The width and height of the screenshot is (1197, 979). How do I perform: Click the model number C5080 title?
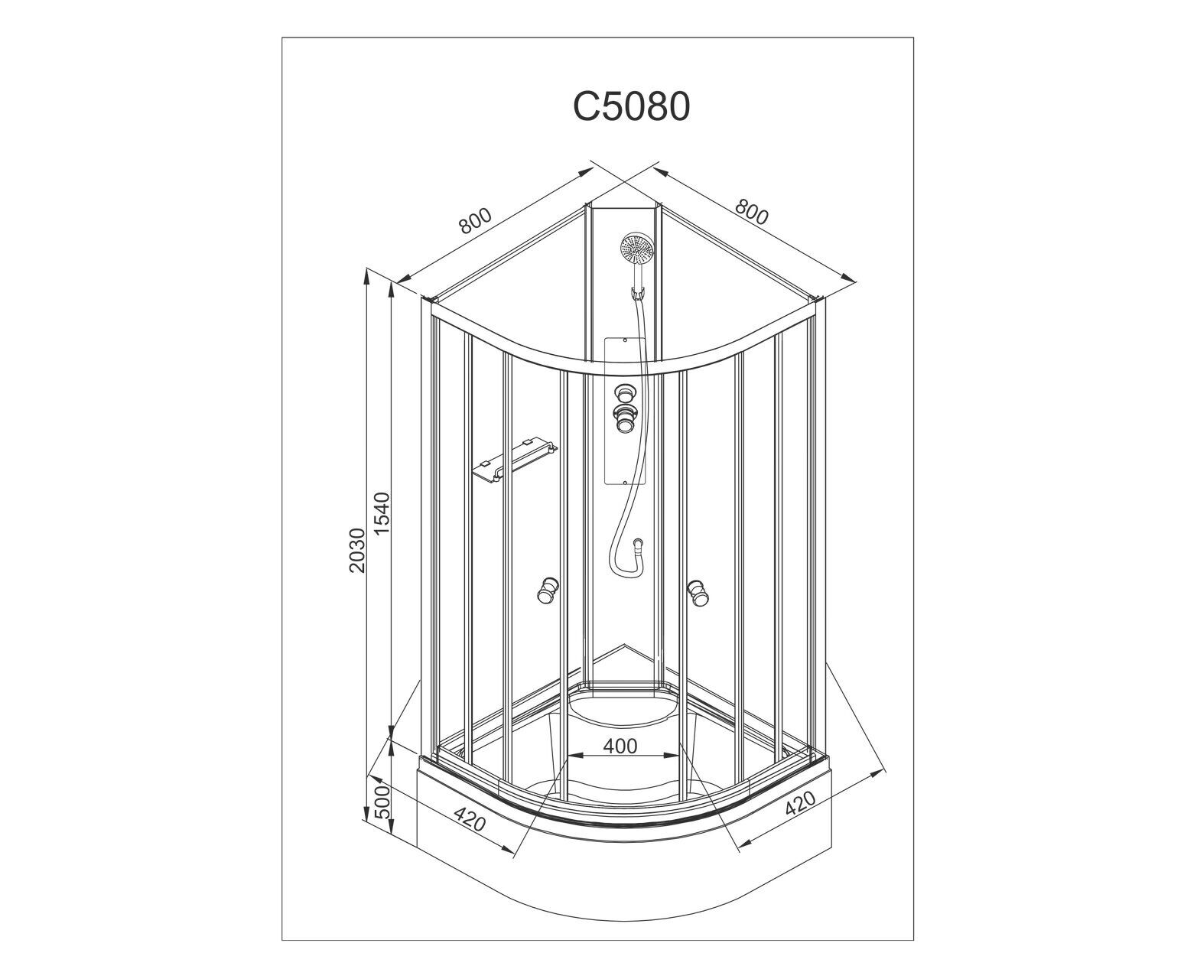pos(631,106)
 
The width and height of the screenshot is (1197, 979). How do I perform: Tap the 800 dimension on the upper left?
pos(475,221)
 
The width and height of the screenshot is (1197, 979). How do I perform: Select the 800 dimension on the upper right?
pos(751,213)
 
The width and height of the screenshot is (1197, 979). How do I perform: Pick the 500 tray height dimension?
pos(383,801)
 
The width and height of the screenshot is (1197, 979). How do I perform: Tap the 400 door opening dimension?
pos(620,746)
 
